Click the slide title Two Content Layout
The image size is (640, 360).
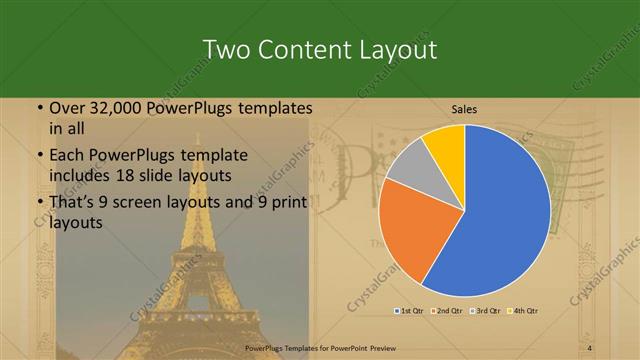(319, 49)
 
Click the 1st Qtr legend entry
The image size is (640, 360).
(410, 310)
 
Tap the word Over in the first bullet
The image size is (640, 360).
(65, 108)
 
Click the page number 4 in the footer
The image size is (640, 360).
(590, 347)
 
